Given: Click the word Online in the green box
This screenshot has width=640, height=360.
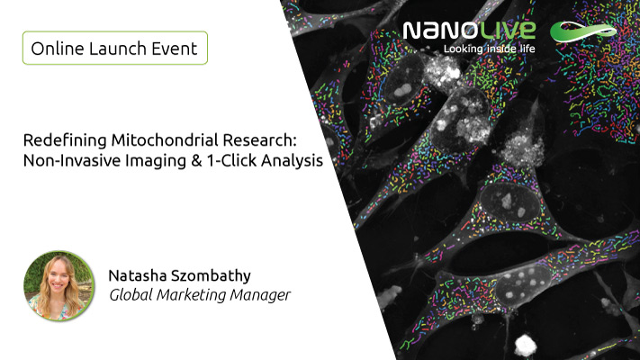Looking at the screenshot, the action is [58, 49].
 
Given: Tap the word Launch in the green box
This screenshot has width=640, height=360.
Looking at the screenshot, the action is [118, 49].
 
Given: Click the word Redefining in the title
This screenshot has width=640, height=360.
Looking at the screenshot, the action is [65, 140].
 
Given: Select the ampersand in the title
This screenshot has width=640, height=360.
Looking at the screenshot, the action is [196, 161].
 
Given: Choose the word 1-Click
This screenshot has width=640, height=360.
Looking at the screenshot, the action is [231, 160].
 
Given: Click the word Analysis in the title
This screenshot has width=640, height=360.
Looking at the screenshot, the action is [292, 161].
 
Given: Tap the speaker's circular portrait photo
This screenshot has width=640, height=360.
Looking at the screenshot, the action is [59, 285].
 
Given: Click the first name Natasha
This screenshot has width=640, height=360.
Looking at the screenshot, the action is [137, 276].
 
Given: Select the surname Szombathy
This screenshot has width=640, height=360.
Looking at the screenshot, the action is [211, 276].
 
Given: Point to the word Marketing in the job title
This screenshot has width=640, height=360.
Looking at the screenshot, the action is [191, 295].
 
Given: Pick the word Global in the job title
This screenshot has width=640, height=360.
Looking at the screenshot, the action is [131, 294].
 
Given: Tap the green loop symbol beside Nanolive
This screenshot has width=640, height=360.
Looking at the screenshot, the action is [583, 31].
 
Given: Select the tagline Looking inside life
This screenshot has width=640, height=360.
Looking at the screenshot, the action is [490, 49].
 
